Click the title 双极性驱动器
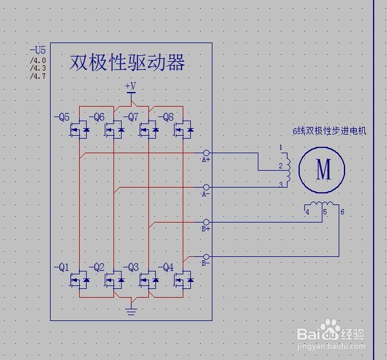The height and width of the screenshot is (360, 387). (127, 62)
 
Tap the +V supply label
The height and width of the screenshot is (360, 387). (130, 86)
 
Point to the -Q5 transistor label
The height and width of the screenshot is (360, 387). (62, 117)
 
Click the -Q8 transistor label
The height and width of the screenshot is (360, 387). (166, 117)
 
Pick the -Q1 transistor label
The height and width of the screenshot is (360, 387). (62, 268)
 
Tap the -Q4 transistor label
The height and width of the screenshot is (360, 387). (166, 268)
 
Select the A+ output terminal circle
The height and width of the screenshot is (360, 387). (206, 153)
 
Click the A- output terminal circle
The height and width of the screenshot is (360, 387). (206, 188)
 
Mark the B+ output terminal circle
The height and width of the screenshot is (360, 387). (206, 222)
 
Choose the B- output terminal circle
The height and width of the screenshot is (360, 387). (206, 256)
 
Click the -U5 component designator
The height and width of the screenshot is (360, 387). (37, 51)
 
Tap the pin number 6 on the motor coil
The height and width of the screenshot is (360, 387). (342, 211)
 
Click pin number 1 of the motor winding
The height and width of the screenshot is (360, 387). (280, 147)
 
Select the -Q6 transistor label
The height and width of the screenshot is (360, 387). (97, 117)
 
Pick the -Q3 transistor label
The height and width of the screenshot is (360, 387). (131, 268)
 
